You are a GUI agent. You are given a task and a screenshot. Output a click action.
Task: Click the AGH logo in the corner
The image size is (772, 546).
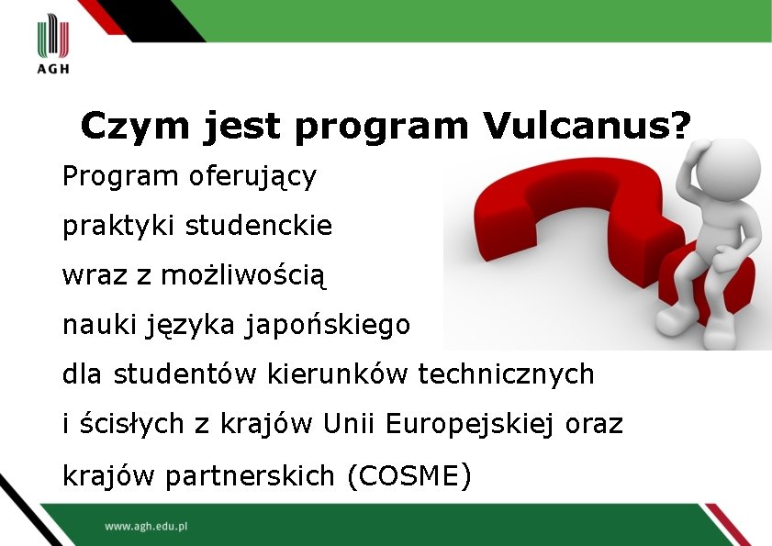click(53, 46)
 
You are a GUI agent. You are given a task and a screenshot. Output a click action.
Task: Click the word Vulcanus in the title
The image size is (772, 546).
click(576, 127)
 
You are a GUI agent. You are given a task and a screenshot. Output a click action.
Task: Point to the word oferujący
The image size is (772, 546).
click(252, 176)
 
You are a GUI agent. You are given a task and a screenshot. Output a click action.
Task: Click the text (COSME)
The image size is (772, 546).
click(409, 476)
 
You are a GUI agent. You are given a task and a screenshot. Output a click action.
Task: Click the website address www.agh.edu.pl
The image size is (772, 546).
click(146, 527)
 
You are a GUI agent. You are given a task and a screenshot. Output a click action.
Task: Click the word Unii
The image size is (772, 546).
click(351, 424)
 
